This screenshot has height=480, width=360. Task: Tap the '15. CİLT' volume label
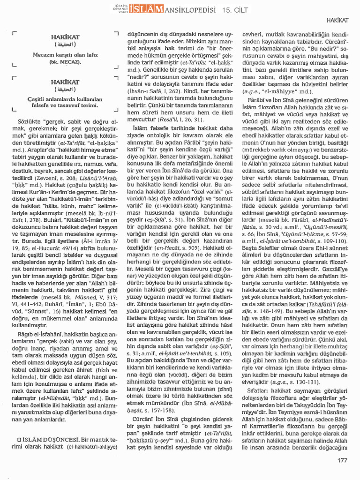click(x=234, y=10)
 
